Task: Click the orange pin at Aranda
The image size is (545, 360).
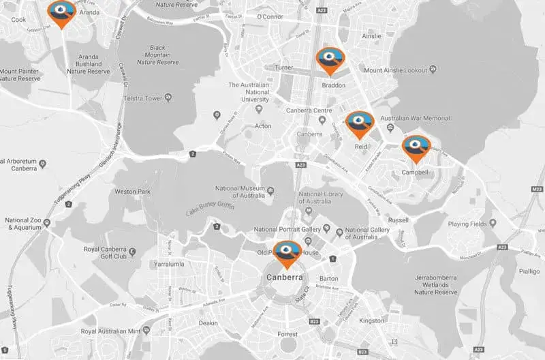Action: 62,12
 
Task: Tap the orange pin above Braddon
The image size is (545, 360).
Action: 330,59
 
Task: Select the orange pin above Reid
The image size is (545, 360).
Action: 359,123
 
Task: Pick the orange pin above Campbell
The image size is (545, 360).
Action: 416,147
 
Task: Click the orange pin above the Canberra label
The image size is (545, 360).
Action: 287,253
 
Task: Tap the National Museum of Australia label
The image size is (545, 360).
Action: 239,192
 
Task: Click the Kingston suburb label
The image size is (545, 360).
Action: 372,320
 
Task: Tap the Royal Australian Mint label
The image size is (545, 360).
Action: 110,331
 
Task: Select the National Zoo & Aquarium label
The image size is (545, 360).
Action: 24,224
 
